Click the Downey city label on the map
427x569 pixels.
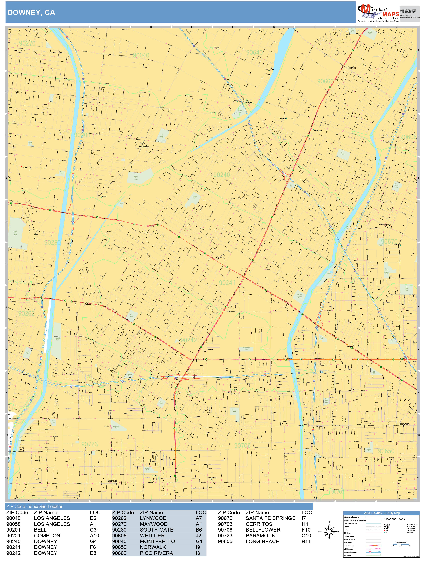point(221,257)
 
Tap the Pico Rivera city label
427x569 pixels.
point(351,68)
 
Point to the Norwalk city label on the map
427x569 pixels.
point(404,424)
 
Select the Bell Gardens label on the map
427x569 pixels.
point(144,147)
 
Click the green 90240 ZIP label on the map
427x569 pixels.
point(222,175)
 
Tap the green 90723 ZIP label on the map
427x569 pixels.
point(90,444)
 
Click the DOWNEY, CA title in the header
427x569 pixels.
point(31,13)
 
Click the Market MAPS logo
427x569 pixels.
point(378,13)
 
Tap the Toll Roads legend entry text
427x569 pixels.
point(347,555)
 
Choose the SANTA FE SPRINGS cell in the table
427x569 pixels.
point(270,518)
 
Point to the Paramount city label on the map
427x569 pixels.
point(112,481)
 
